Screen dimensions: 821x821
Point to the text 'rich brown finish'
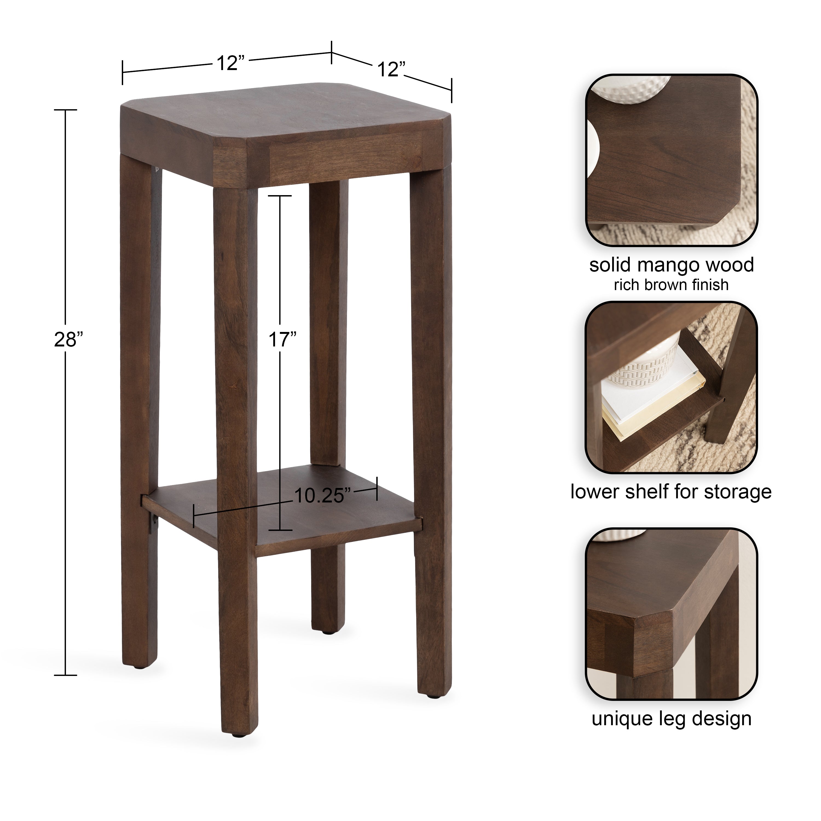[671, 285]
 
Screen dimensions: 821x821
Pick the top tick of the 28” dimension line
[65, 110]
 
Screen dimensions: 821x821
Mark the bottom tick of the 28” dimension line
[65, 675]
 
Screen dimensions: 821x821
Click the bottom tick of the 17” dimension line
[281, 530]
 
